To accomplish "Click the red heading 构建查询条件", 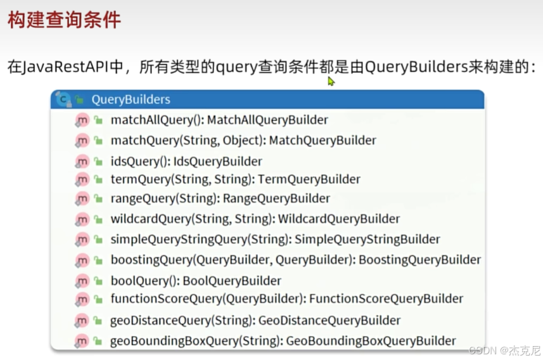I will pos(64,20).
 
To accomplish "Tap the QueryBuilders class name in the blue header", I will pos(131,100).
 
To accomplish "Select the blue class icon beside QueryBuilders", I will pos(63,99).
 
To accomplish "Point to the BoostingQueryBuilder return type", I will pos(420,259).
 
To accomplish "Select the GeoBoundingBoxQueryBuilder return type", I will pos(367,340).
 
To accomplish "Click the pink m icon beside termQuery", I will pos(82,179).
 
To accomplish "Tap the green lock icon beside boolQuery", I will pos(98,280).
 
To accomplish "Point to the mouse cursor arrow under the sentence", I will pos(331,81).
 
